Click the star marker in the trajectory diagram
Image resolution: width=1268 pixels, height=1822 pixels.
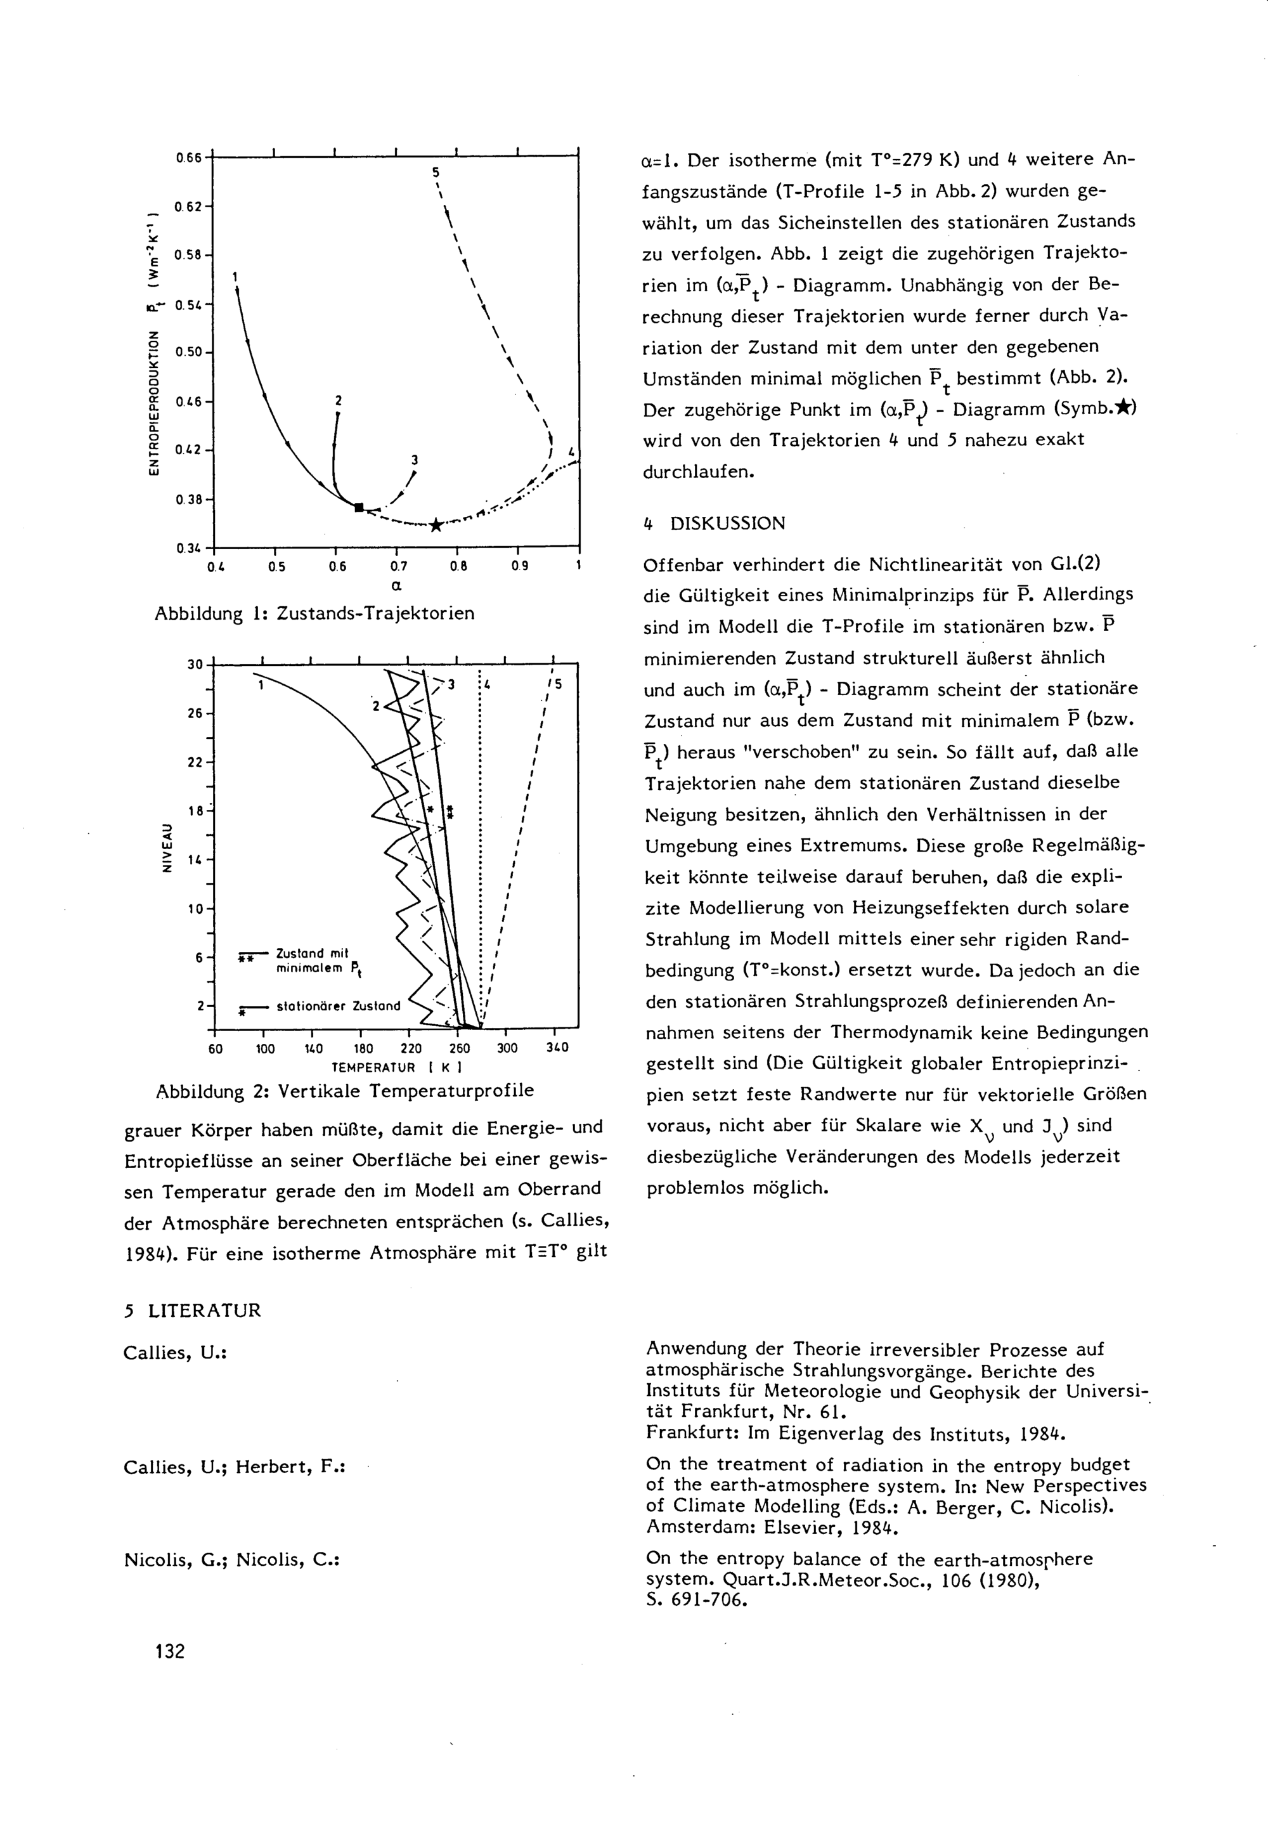click(436, 524)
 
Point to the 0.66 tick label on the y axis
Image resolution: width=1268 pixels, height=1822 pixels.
click(189, 158)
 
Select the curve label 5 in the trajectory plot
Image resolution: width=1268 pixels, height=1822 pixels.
click(436, 171)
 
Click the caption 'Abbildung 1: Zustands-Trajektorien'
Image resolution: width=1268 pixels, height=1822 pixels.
click(314, 613)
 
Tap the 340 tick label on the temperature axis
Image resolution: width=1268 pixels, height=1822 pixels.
click(558, 1048)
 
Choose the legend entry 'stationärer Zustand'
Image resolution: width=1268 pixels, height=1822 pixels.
click(338, 1007)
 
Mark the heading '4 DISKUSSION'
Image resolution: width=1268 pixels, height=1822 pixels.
click(713, 524)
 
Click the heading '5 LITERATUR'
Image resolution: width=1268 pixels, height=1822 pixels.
click(193, 1310)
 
